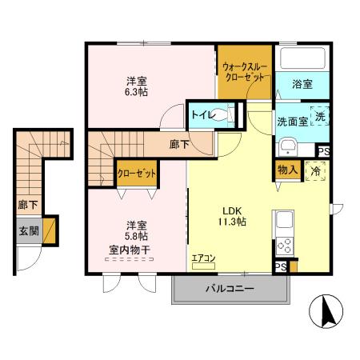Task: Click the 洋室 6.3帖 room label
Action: tap(135, 87)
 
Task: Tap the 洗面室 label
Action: tap(291, 122)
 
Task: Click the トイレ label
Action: tap(202, 115)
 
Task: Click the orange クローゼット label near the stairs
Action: tap(136, 173)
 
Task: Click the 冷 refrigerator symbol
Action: tap(317, 171)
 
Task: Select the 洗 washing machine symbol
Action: tap(318, 117)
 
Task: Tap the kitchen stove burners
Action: tap(283, 245)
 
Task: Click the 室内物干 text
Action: tap(129, 249)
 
